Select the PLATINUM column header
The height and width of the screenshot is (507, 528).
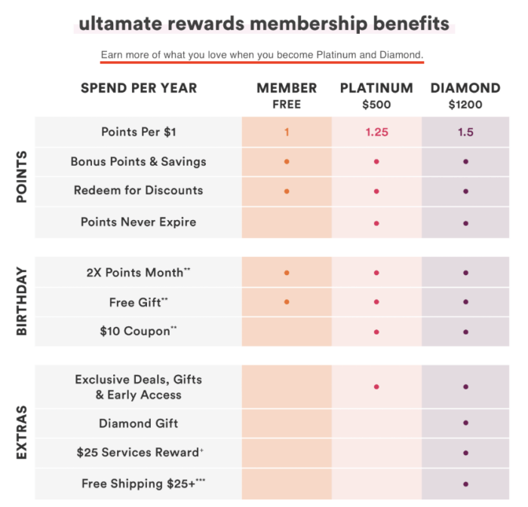[x=376, y=88]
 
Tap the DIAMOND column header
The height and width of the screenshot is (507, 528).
[x=465, y=88]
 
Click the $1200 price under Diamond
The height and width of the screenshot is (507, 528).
[x=465, y=105]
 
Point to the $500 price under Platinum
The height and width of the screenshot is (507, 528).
[x=376, y=105]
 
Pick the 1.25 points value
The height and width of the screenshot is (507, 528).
[x=376, y=132]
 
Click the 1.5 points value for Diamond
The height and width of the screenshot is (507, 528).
[x=465, y=132]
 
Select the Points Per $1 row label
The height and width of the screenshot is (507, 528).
[x=139, y=132]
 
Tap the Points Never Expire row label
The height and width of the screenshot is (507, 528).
[x=139, y=222]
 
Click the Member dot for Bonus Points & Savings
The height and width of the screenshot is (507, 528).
[x=287, y=161]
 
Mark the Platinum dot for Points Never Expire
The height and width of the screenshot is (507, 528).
[x=376, y=223]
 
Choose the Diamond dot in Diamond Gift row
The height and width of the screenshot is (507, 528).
[x=465, y=423]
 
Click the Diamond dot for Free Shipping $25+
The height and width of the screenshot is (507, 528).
[x=465, y=484]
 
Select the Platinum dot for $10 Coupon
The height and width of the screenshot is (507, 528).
[x=376, y=331]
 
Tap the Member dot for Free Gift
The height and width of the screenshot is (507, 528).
[x=287, y=302]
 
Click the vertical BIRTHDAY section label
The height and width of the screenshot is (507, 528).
[x=22, y=301]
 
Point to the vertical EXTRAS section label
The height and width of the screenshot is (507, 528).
[x=22, y=432]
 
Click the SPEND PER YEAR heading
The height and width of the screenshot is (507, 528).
[x=139, y=88]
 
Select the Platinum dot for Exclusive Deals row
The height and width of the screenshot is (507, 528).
[x=376, y=386]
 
